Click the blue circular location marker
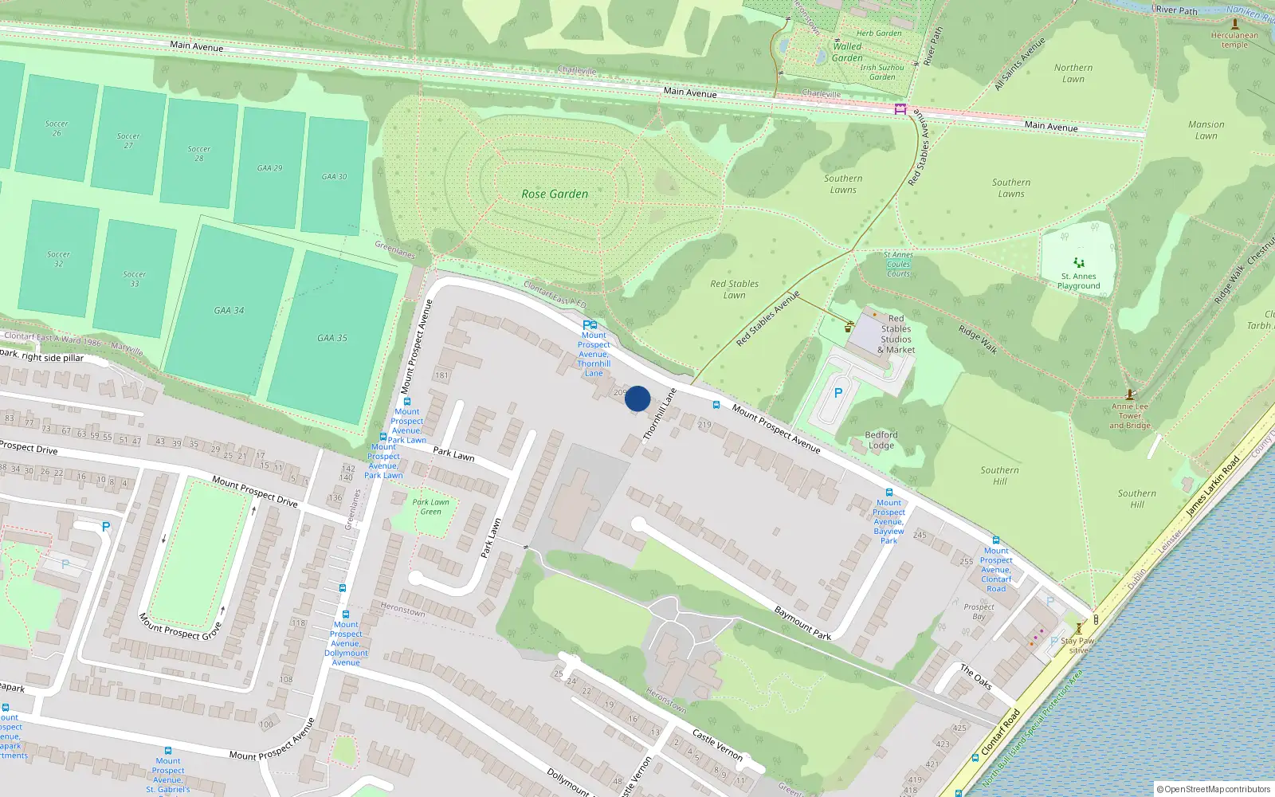tap(637, 398)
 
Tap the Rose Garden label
tap(555, 194)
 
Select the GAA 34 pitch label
tap(229, 310)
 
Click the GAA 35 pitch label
tap(332, 338)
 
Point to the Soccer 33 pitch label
tap(135, 278)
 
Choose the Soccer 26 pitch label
tap(57, 128)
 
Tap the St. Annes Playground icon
tap(1079, 262)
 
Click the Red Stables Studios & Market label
tap(896, 334)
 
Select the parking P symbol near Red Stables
tap(838, 393)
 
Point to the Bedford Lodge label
tap(881, 440)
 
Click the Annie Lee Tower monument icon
tap(1129, 394)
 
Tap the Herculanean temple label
tap(1234, 40)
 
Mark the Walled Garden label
tap(847, 52)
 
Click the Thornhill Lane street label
tap(660, 414)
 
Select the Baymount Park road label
tap(802, 622)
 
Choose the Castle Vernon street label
tap(717, 745)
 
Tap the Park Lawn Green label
tap(431, 507)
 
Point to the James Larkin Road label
tap(1213, 485)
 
